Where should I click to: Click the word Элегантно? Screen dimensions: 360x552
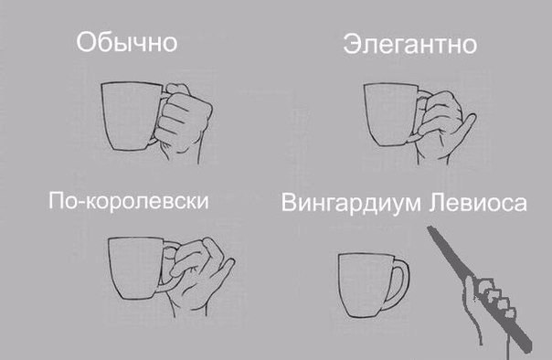point(409,44)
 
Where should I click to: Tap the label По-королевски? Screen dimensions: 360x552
point(128,200)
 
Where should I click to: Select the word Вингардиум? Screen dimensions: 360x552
point(353,202)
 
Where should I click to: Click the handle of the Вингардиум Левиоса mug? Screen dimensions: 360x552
point(398,280)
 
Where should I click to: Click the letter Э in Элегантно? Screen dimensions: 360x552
point(352,44)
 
